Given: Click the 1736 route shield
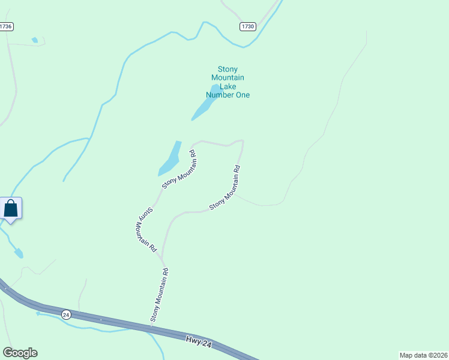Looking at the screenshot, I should coord(6,26).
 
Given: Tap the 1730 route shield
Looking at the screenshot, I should coord(247,26).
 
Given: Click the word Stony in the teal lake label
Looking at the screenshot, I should coord(228,68).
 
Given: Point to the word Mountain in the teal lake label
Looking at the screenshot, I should coord(228,77).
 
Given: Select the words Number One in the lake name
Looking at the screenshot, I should coord(228,95).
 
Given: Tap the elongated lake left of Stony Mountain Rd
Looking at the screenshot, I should coord(170,158).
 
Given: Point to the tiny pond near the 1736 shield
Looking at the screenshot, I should coord(35,40).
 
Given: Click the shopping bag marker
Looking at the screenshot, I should coord(11,209).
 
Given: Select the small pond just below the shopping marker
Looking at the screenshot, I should coord(18,253).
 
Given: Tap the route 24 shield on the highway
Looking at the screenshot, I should coord(66,314).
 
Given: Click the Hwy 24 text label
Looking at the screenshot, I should coord(198,341).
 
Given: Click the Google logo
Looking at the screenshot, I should coord(20,353).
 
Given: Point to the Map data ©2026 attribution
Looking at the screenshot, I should coord(423,355).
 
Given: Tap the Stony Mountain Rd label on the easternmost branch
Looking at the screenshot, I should coord(225,188).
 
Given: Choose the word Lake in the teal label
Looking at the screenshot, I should coord(228,86).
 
